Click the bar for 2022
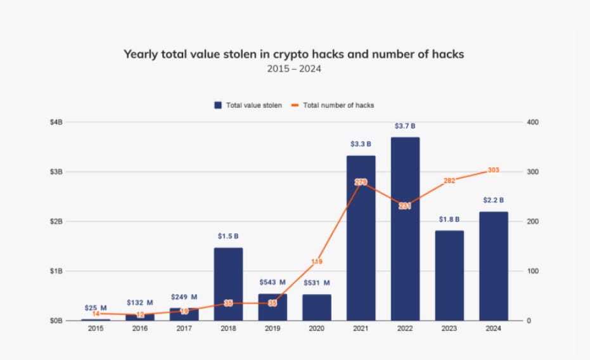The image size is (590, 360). click(405, 228)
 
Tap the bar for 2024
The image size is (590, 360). click(494, 266)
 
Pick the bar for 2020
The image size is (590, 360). click(316, 307)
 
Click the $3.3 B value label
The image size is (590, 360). click(361, 144)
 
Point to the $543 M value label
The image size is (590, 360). click(273, 282)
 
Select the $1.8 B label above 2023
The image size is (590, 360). click(449, 219)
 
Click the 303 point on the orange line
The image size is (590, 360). click(494, 170)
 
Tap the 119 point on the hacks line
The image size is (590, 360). click(317, 261)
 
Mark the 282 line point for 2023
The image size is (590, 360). click(449, 181)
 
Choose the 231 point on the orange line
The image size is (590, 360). click(405, 205)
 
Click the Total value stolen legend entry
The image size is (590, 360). click(248, 105)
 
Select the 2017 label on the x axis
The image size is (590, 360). click(184, 328)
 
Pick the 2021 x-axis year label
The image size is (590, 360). click(361, 328)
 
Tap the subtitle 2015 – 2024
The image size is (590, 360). click(294, 68)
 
